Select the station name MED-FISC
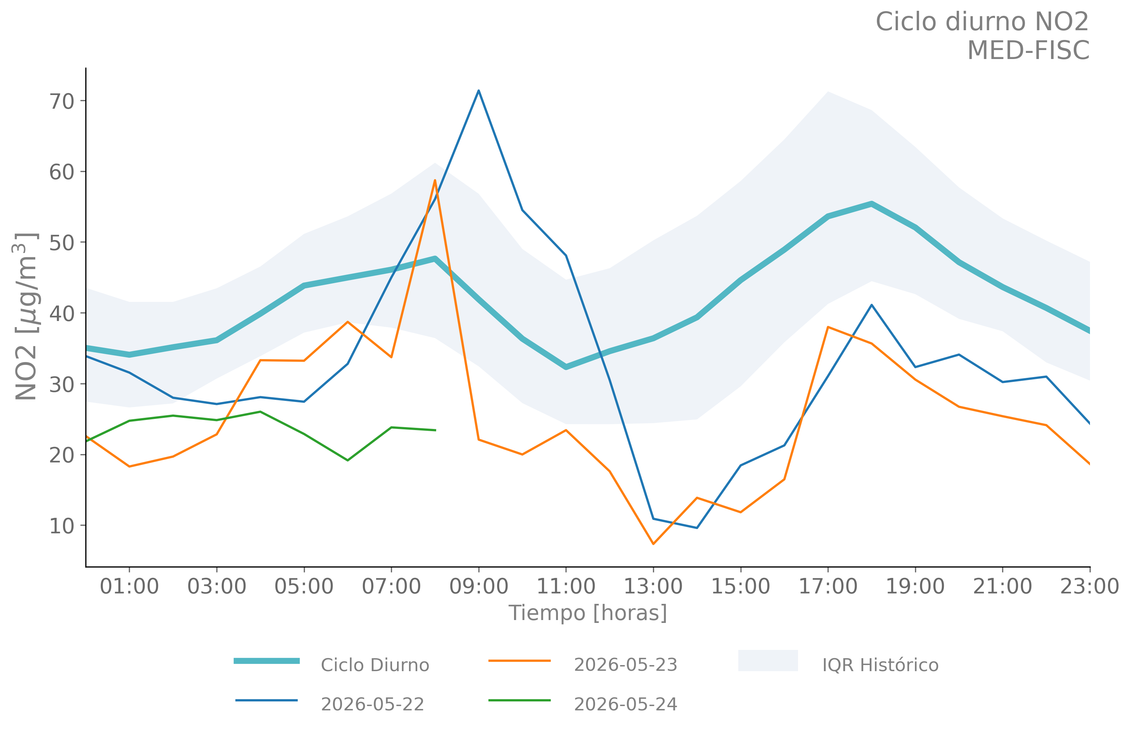click(x=1028, y=50)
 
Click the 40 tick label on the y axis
click(x=62, y=313)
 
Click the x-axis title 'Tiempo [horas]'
click(x=588, y=613)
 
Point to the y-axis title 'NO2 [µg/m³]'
click(x=26, y=316)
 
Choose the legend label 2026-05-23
click(x=625, y=665)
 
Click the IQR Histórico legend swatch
click(x=768, y=660)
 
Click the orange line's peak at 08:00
click(x=435, y=180)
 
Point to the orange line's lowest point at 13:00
click(x=653, y=544)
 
